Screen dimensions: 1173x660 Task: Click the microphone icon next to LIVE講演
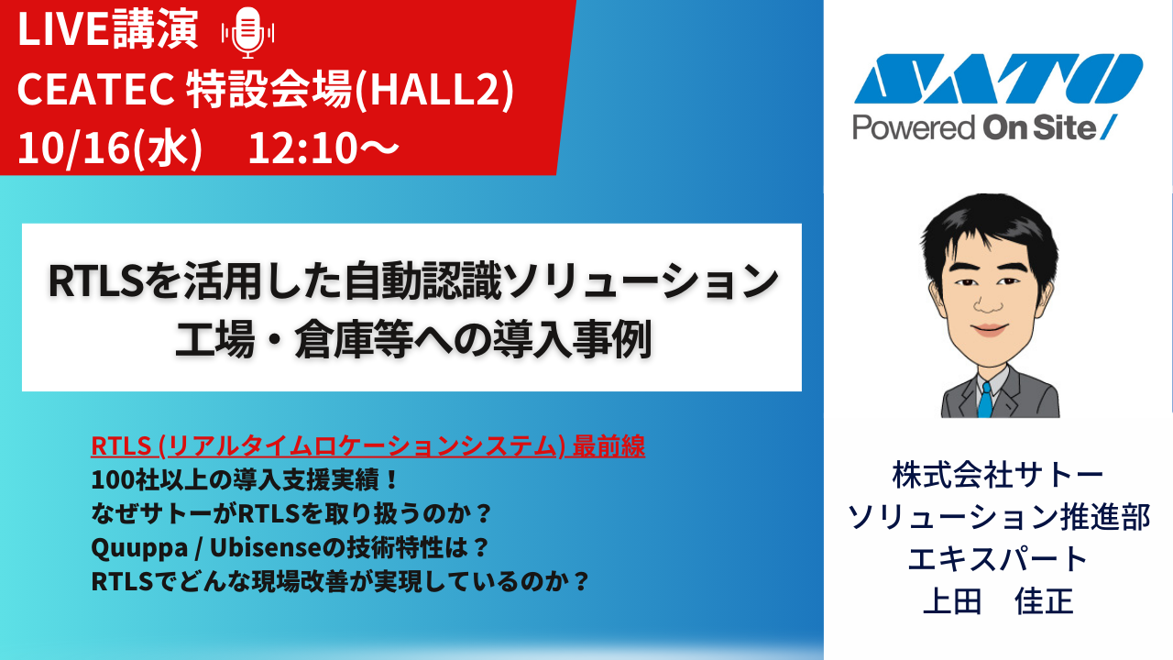(247, 32)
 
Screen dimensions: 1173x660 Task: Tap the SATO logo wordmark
(998, 79)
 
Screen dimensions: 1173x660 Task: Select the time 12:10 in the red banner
(303, 148)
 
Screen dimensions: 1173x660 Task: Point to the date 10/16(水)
(110, 148)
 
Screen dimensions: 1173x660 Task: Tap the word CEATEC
(96, 89)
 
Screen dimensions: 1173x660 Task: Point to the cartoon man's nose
(988, 301)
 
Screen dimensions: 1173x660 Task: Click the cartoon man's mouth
(989, 330)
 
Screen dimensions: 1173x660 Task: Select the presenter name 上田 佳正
(998, 600)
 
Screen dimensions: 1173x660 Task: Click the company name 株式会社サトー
(998, 476)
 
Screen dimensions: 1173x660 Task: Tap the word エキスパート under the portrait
(998, 559)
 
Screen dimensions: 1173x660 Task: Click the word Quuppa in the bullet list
(139, 548)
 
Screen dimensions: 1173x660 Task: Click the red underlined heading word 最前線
(608, 446)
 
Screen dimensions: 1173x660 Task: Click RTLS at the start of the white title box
(96, 281)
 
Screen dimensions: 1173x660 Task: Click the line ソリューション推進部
(999, 517)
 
